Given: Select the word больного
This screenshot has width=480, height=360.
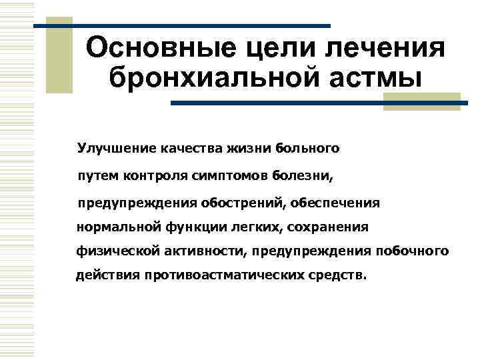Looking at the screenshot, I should (309, 148).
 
